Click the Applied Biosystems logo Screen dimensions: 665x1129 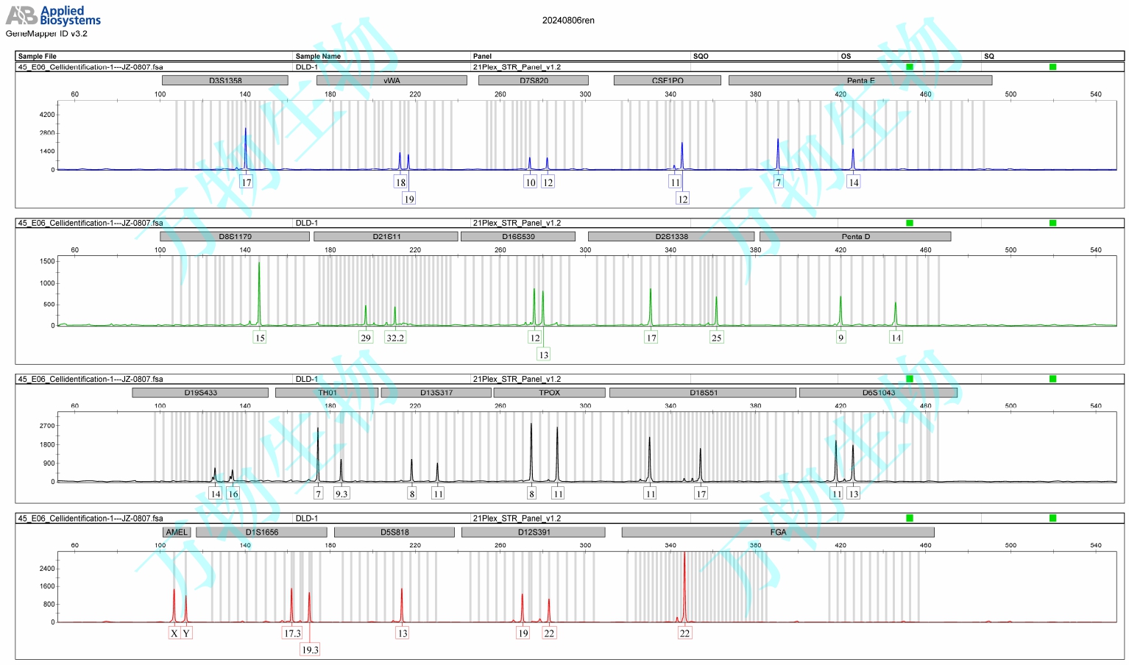tap(53, 15)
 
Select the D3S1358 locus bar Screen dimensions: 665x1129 tap(225, 80)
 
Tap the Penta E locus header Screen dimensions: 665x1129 tap(860, 80)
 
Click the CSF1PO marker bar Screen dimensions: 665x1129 tap(667, 80)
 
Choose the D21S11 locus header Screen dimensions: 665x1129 tap(386, 236)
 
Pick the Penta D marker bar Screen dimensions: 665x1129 tap(855, 236)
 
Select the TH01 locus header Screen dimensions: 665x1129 tap(327, 392)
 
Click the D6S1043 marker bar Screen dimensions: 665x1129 tap(878, 392)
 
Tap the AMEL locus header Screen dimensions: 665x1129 tap(177, 532)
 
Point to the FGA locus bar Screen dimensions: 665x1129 tap(778, 532)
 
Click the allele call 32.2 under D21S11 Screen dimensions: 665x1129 tap(395, 338)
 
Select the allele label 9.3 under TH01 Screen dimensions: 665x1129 tap(341, 494)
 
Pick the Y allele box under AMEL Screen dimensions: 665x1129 tap(186, 633)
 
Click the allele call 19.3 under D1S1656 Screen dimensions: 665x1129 tap(310, 650)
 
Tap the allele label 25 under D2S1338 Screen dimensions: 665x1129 tap(716, 338)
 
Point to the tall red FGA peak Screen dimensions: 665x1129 tap(684, 581)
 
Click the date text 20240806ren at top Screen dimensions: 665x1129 tap(568, 21)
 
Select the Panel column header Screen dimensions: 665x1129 tap(483, 56)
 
